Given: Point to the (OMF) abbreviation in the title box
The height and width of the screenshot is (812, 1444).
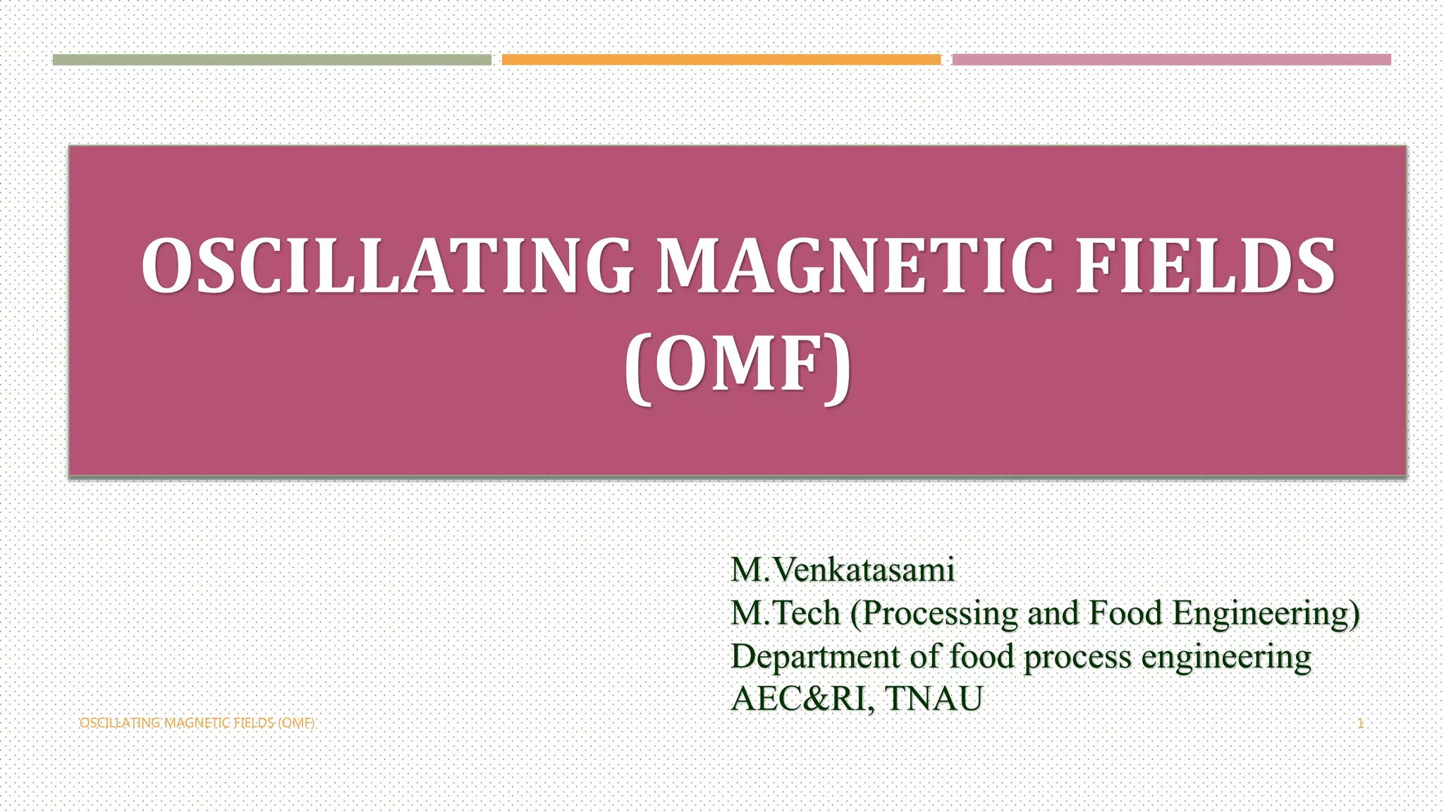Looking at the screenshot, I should click(738, 366).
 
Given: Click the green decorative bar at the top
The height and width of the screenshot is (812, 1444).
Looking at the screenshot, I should click(271, 60).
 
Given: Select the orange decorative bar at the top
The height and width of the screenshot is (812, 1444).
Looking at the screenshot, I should click(721, 60).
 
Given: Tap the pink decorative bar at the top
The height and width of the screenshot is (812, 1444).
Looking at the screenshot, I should click(1171, 60).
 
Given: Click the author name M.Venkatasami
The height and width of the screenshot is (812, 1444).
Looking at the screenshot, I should click(843, 570).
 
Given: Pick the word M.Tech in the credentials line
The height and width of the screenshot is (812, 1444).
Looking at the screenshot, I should click(785, 613).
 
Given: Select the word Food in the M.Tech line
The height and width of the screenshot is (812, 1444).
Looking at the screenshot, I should click(1125, 613).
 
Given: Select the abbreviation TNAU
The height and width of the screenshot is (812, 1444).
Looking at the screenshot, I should click(934, 699).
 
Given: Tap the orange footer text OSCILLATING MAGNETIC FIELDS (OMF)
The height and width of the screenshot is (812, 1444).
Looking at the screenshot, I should click(197, 723).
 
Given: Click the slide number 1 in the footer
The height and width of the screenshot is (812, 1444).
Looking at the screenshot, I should click(1360, 723).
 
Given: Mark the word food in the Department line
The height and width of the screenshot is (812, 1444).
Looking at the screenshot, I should click(981, 657).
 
